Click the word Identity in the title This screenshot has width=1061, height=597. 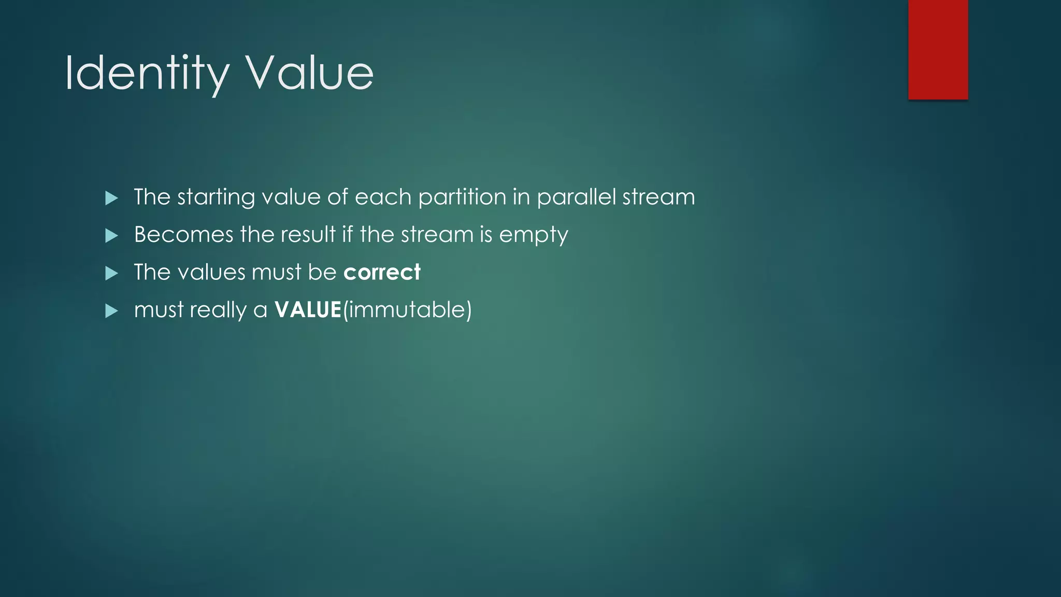(147, 74)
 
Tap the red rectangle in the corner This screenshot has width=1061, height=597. (938, 50)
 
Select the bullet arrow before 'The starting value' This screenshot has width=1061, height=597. (111, 198)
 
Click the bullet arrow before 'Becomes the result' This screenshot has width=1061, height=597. (111, 236)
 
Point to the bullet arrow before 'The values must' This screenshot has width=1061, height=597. (111, 273)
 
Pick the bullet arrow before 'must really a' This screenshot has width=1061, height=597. (111, 311)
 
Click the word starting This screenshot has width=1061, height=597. (216, 198)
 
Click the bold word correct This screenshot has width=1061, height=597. (382, 273)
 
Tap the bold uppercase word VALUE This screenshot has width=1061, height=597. (308, 310)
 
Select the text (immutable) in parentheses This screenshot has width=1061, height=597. (407, 310)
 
